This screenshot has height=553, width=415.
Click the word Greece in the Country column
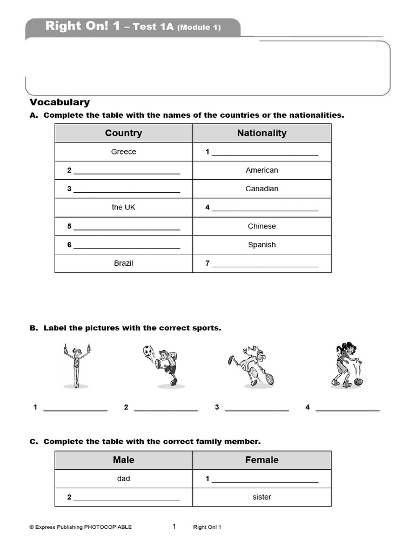pyautogui.click(x=123, y=152)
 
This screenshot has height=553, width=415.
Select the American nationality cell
pyautogui.click(x=262, y=170)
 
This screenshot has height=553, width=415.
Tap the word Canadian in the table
pyautogui.click(x=262, y=188)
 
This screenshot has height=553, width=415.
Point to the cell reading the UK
pyautogui.click(x=123, y=207)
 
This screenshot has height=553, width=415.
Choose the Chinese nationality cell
pyautogui.click(x=262, y=226)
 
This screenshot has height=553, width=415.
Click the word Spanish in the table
pyautogui.click(x=262, y=245)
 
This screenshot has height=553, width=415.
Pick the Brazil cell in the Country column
pyautogui.click(x=123, y=263)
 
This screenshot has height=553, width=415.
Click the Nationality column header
pyautogui.click(x=262, y=133)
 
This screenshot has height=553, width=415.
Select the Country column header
pyautogui.click(x=123, y=133)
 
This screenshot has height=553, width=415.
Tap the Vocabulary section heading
pyautogui.click(x=59, y=102)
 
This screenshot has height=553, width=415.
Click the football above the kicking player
pyautogui.click(x=148, y=351)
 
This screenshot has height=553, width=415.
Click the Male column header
pyautogui.click(x=123, y=460)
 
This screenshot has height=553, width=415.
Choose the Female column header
pyautogui.click(x=262, y=460)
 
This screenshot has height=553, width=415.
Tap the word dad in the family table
pyautogui.click(x=123, y=478)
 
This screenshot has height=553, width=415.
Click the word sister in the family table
pyautogui.click(x=262, y=497)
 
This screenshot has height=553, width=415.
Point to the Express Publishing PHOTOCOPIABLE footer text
pyautogui.click(x=80, y=527)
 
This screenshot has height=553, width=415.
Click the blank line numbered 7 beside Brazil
pyautogui.click(x=265, y=265)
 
